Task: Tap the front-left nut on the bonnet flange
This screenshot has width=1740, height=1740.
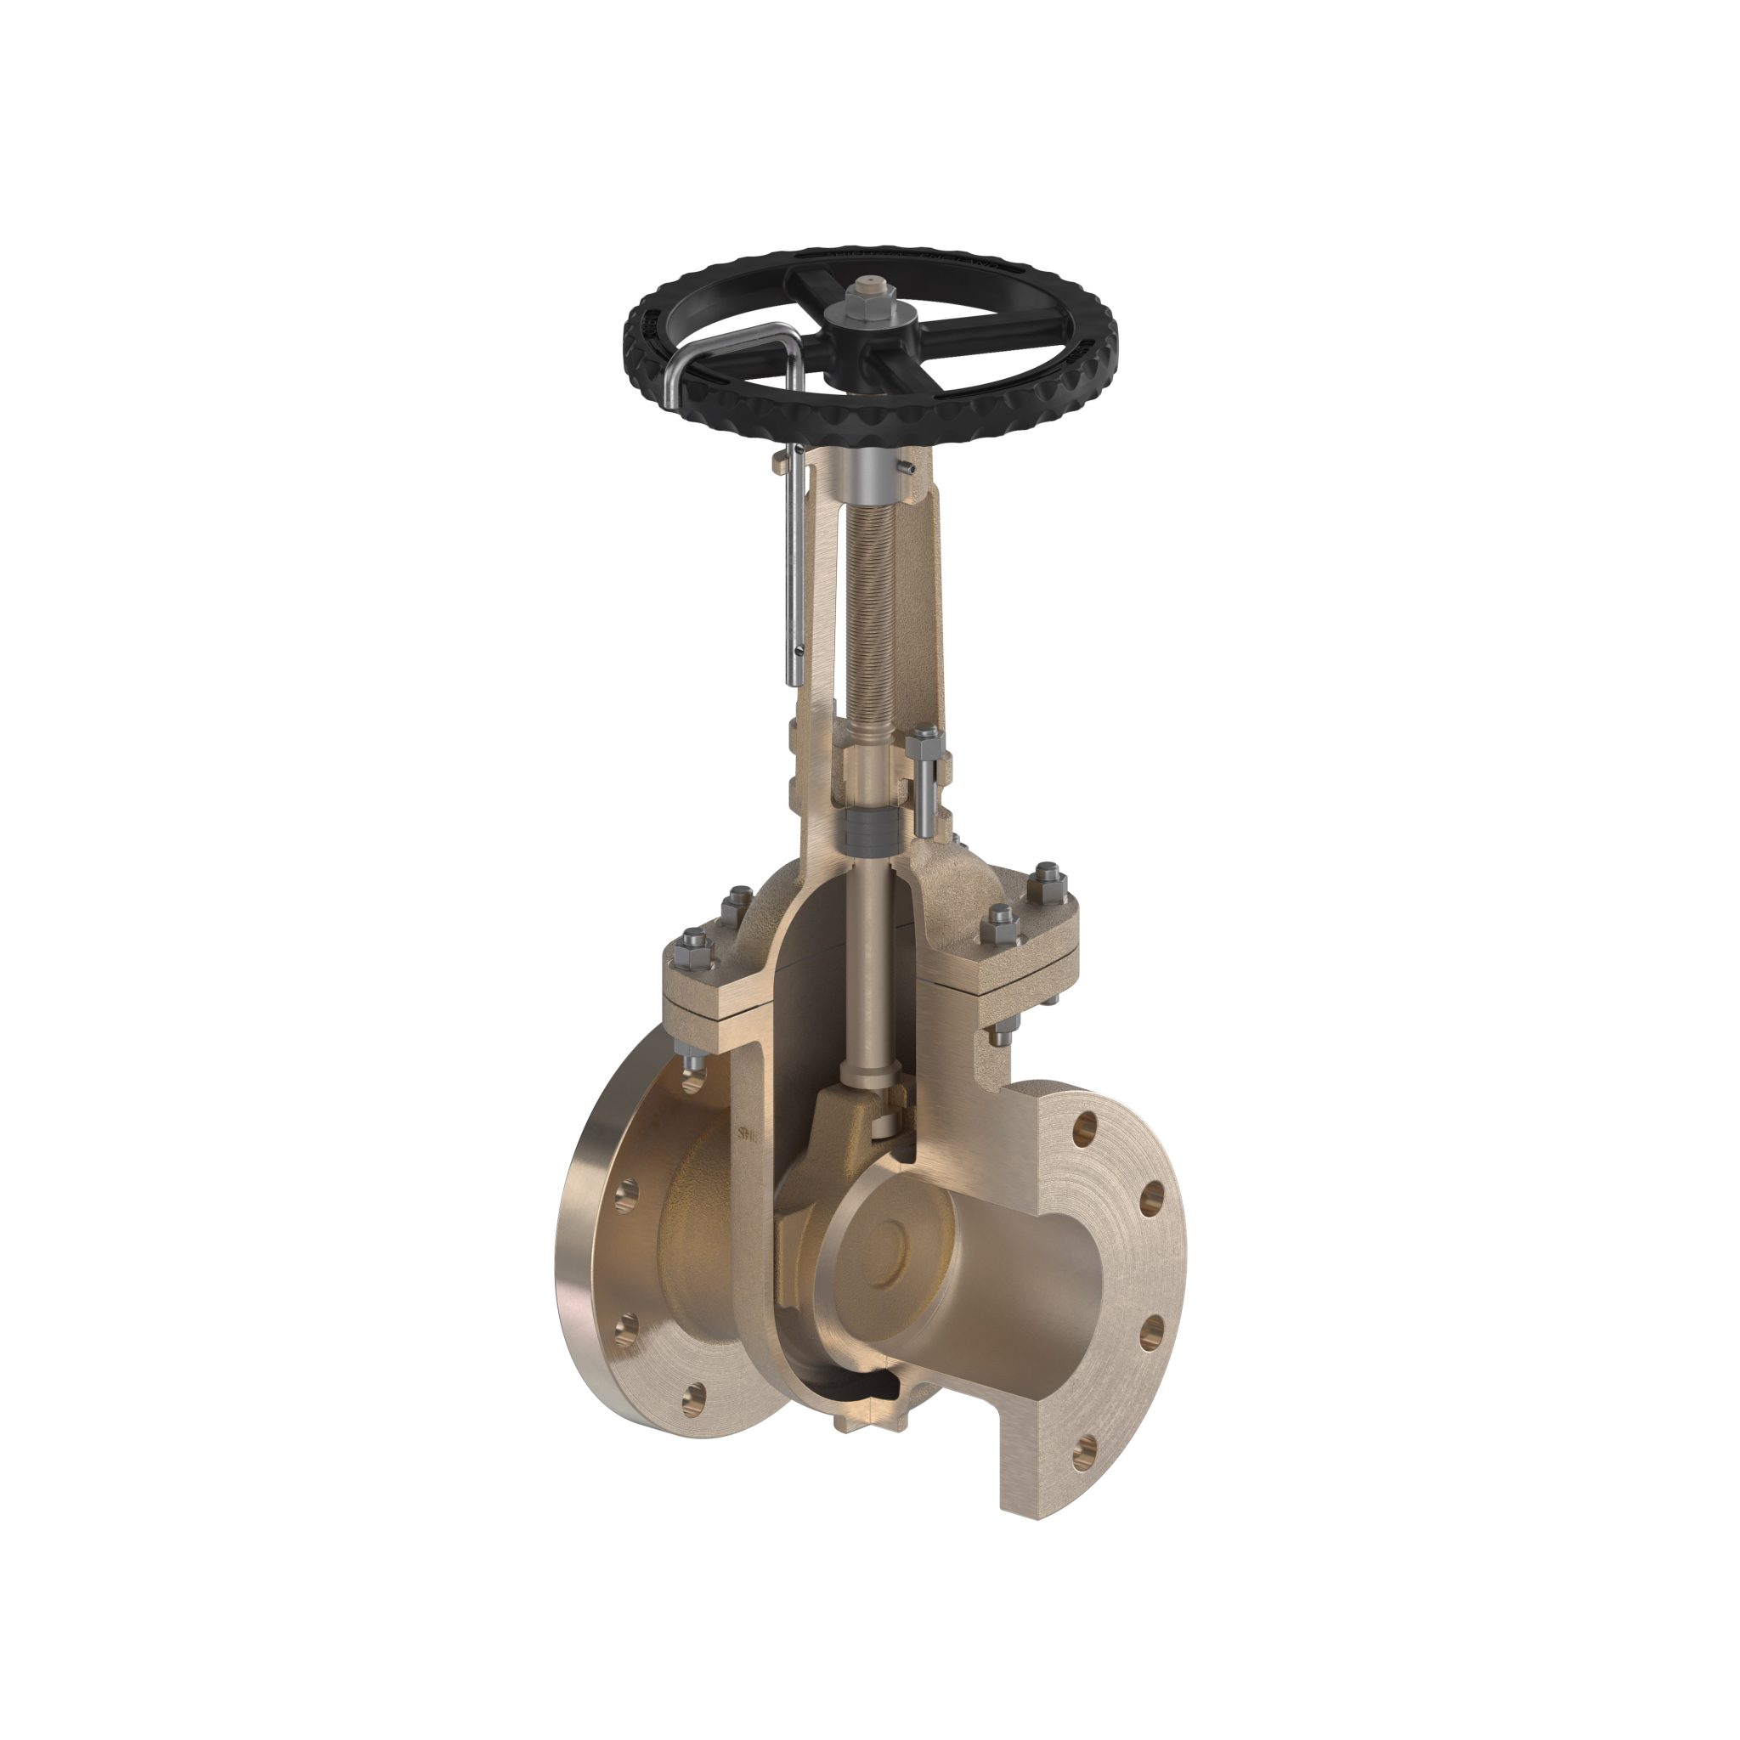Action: coord(694,941)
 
